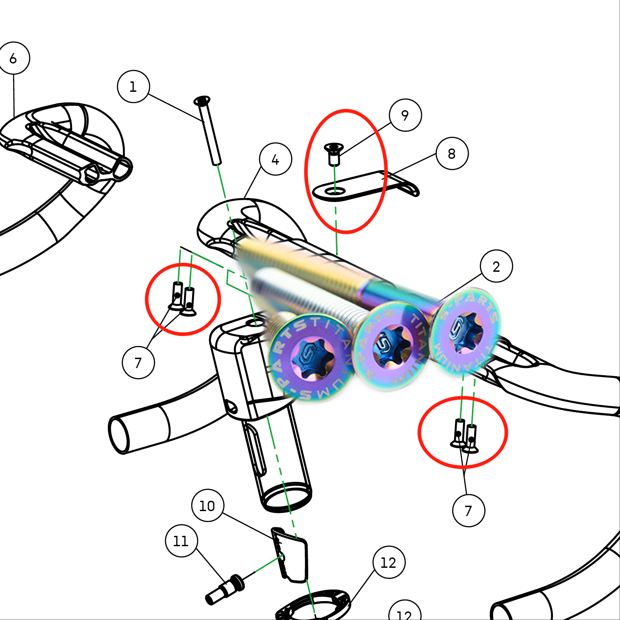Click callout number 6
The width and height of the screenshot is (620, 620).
coord(13,58)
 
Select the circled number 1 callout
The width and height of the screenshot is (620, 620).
coord(133,86)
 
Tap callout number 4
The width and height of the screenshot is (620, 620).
coord(275,159)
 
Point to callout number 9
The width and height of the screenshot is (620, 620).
coord(405,115)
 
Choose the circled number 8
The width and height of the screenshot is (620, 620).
coord(452,153)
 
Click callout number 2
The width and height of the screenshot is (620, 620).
coord(496,266)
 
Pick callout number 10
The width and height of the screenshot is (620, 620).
coord(207,506)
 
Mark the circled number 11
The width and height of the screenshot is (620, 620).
coord(181,541)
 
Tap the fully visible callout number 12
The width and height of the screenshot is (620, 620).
coord(389,562)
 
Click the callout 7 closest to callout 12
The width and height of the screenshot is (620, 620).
coord(468,511)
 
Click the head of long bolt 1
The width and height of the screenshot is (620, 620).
coord(202,99)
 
